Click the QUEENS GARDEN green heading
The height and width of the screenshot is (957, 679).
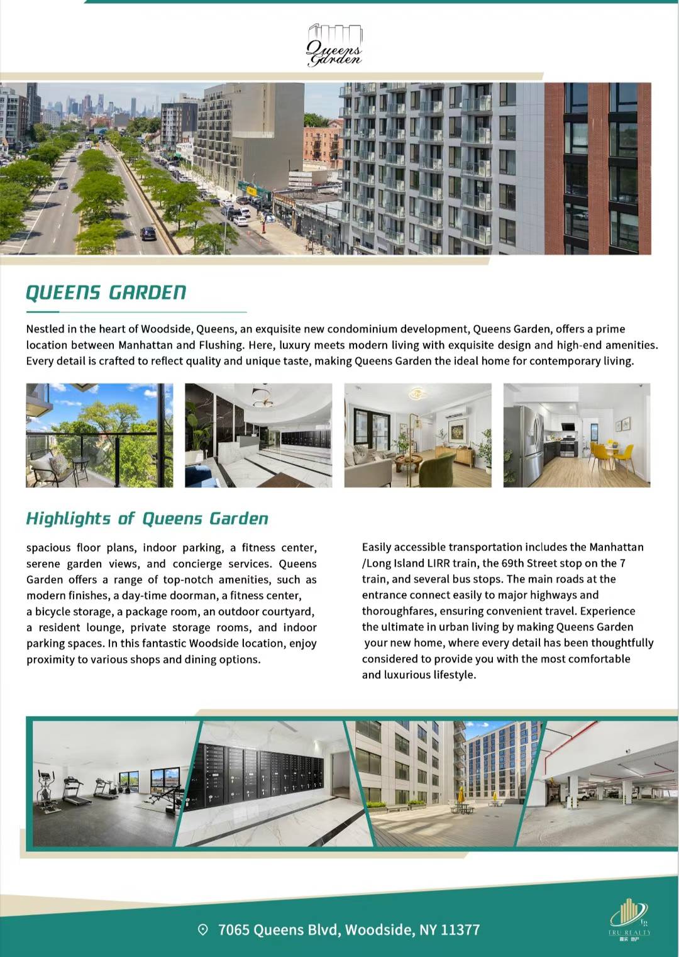106,292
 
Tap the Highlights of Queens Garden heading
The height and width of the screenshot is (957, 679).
147,519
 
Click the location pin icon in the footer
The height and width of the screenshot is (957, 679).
202,929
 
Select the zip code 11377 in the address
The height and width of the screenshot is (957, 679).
460,929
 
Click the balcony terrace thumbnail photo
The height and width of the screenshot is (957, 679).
99,435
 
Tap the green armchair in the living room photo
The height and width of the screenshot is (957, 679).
438,469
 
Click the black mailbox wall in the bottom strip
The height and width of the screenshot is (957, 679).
258,773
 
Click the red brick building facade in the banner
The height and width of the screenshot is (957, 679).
597,169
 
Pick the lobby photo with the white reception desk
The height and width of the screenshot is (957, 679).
258,435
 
